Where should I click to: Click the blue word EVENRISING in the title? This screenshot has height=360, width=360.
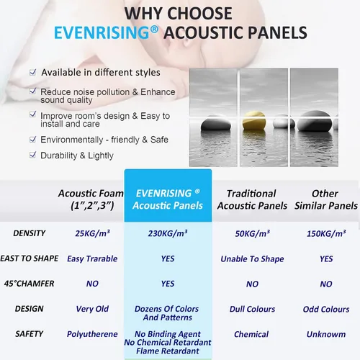pos(102,32)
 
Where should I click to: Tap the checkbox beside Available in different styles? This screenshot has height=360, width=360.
pos(32,72)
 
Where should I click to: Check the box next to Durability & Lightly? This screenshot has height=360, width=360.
pos(32,155)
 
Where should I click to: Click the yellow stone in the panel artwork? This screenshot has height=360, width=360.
pos(254,120)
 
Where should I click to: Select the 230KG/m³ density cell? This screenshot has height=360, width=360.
pos(168,233)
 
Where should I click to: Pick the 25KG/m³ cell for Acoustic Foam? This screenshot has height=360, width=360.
pos(92,233)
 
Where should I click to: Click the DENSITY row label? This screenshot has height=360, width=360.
pos(30,233)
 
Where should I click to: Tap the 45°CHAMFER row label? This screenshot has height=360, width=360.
pos(30,284)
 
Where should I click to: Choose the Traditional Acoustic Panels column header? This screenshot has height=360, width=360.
pos(252,199)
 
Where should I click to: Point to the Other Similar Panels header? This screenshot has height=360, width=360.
pos(326,199)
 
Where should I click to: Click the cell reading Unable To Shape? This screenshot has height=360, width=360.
pos(252,259)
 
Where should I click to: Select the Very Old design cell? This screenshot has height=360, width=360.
pos(92,309)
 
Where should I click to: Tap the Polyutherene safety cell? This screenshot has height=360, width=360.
pos(92,334)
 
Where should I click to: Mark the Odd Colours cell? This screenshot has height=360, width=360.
pos(326,309)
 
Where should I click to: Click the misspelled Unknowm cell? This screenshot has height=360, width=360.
pos(326,334)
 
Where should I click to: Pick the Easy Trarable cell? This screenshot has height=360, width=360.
pos(92,258)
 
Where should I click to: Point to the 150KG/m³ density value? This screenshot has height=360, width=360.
pos(326,233)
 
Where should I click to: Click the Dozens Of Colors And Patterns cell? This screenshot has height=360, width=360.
pos(167,313)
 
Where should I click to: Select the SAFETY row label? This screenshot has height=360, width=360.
pos(30,334)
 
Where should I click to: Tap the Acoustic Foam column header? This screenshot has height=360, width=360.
pos(91,199)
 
